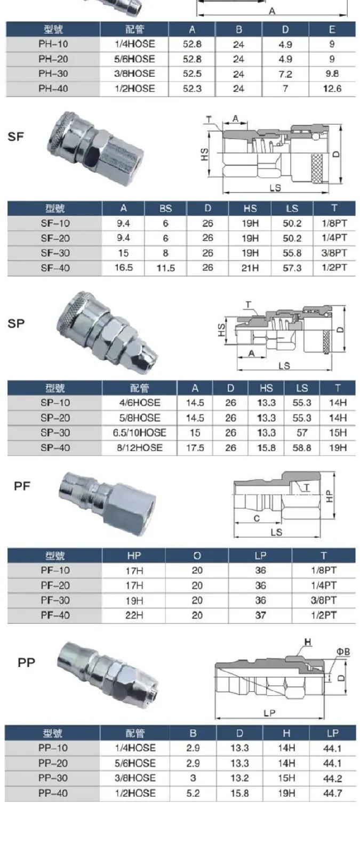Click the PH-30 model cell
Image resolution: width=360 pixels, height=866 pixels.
53,74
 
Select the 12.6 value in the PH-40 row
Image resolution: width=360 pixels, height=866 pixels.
332,89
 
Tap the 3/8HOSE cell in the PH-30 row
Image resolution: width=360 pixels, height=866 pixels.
134,74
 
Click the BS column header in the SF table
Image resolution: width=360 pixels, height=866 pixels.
165,209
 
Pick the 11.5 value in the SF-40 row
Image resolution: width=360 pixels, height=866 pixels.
165,268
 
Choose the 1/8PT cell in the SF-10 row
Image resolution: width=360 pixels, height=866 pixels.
334,223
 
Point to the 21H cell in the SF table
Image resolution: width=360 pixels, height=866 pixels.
250,268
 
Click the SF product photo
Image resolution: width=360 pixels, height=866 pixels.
95,149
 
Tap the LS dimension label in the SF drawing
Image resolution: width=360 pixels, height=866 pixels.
275,188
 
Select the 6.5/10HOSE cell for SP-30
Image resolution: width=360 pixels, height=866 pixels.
139,432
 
